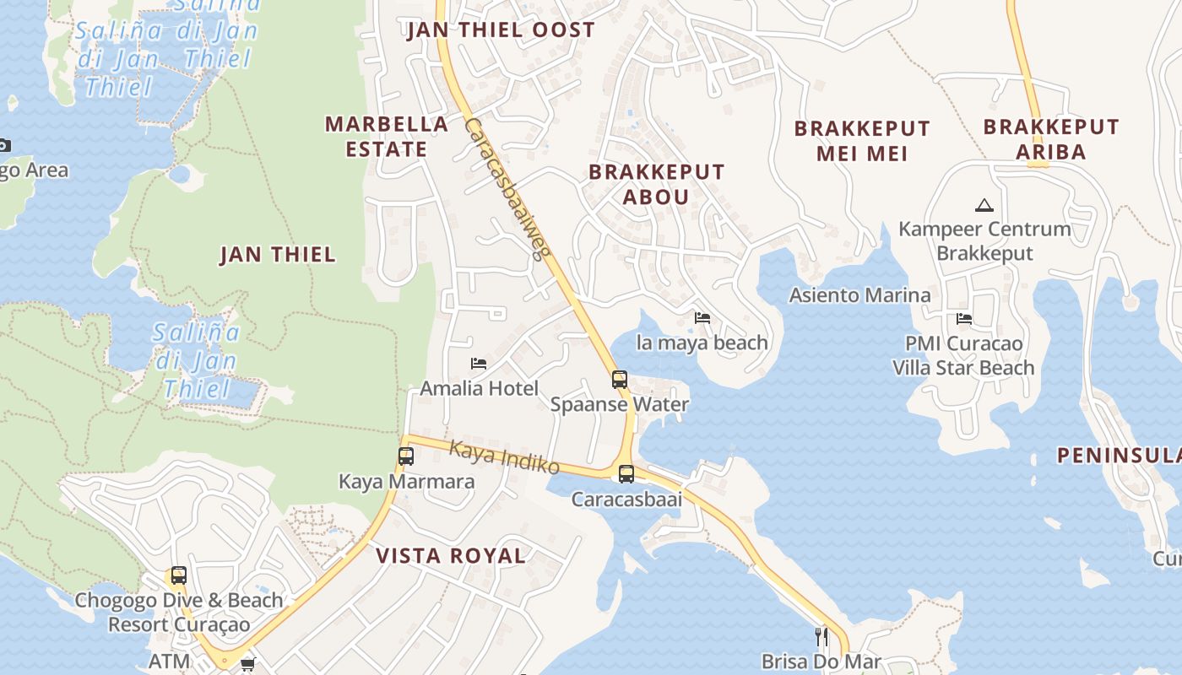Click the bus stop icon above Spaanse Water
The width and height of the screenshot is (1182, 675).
(x=619, y=380)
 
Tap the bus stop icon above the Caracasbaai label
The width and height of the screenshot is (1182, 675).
(x=626, y=474)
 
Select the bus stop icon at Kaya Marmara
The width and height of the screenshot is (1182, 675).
(x=406, y=456)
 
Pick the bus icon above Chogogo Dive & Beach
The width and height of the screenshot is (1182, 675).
(x=178, y=575)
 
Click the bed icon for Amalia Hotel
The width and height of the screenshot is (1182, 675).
(x=479, y=364)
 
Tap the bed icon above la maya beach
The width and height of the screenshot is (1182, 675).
(x=702, y=318)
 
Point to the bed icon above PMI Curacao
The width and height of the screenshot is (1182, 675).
(x=963, y=319)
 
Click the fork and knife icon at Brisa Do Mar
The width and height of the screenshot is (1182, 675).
(x=821, y=636)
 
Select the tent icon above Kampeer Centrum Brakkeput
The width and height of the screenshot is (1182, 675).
(x=984, y=205)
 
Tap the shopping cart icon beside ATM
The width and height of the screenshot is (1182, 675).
(x=247, y=664)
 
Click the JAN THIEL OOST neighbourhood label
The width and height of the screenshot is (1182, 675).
(x=501, y=30)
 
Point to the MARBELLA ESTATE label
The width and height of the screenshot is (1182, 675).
(x=387, y=136)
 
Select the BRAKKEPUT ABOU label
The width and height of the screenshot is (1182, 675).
(x=656, y=184)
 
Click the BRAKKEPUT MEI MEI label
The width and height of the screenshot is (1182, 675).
(x=861, y=141)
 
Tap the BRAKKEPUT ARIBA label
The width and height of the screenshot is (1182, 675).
(x=1050, y=139)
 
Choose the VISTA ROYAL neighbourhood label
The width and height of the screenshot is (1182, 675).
(x=451, y=555)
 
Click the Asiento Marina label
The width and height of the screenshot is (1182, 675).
(x=859, y=295)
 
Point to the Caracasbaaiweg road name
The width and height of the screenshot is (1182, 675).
(x=507, y=189)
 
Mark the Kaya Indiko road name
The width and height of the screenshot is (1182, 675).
(x=504, y=456)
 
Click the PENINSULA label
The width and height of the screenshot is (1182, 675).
(x=1119, y=456)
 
